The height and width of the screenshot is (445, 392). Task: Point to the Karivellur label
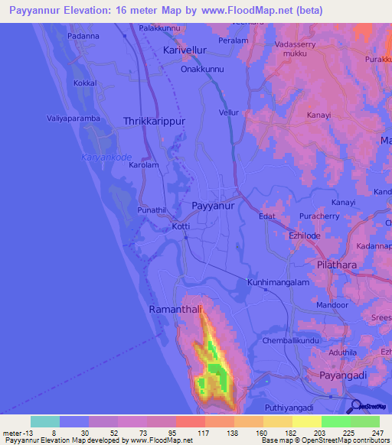tap(185, 50)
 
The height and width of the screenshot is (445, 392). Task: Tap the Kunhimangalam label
tap(276, 282)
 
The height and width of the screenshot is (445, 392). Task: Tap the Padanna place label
tap(84, 36)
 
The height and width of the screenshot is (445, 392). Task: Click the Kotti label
tap(181, 226)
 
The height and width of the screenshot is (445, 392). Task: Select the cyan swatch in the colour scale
tap(45, 421)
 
